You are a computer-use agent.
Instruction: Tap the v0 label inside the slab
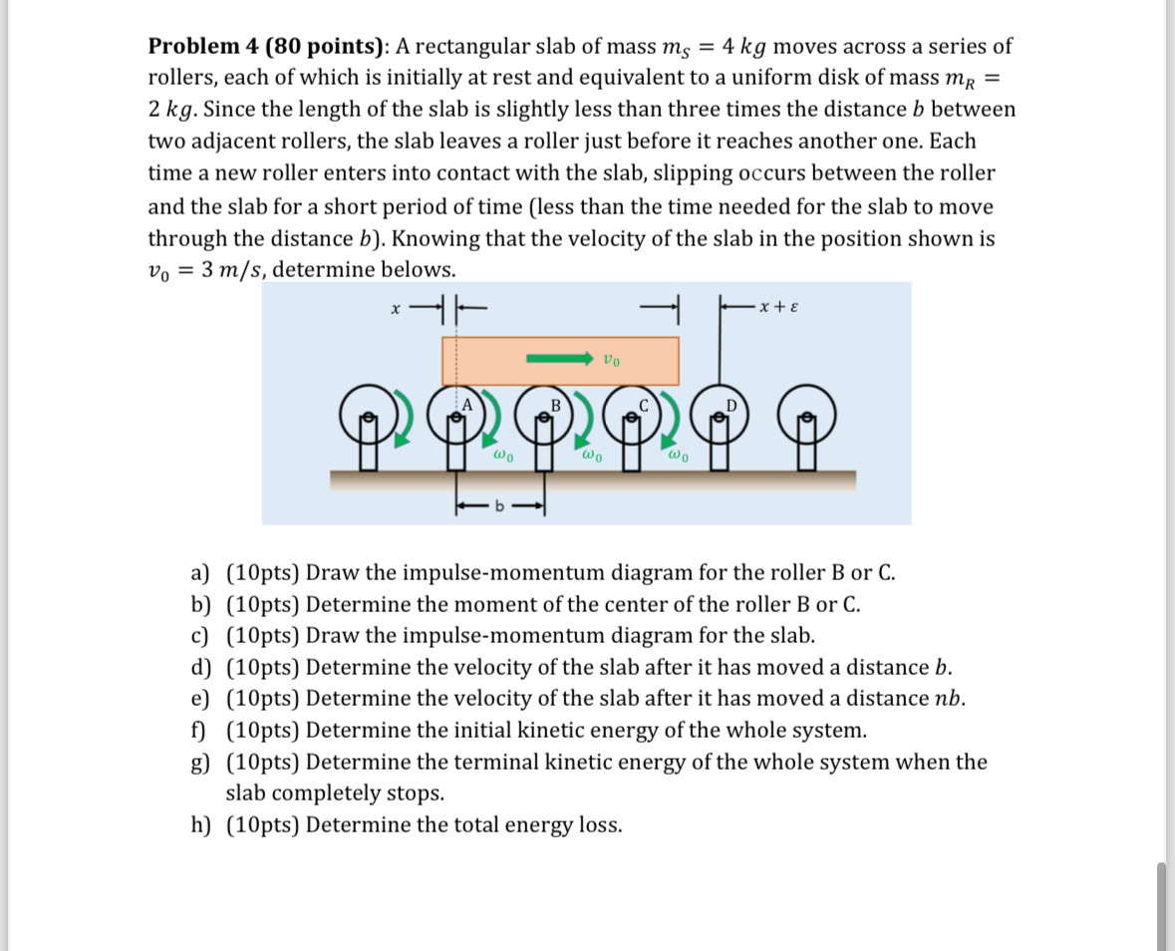click(x=613, y=359)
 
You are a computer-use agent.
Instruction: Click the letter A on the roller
click(x=464, y=404)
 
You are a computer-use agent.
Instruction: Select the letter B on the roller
click(x=556, y=405)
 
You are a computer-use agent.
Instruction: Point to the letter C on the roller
click(x=644, y=405)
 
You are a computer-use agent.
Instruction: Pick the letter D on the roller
click(x=733, y=405)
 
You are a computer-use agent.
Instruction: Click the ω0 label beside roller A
click(x=503, y=456)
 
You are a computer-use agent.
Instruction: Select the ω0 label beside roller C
click(x=678, y=456)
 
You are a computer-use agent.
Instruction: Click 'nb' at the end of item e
click(x=951, y=699)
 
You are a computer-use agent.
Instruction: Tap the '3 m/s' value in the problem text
click(x=228, y=270)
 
